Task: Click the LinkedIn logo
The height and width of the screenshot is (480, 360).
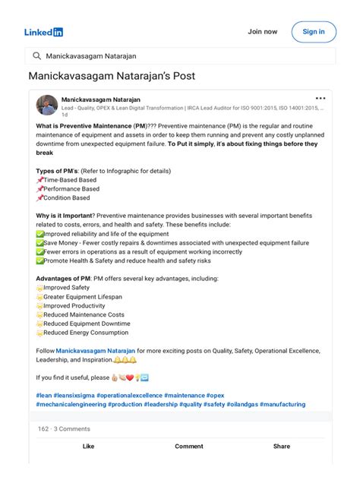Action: pyautogui.click(x=43, y=32)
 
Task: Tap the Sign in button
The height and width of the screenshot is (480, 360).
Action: pyautogui.click(x=313, y=32)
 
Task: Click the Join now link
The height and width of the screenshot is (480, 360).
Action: pyautogui.click(x=262, y=32)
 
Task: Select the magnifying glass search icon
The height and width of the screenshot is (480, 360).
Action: pyautogui.click(x=36, y=55)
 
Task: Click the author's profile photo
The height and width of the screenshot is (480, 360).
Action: pyautogui.click(x=46, y=105)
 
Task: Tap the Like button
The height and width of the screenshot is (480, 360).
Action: pyautogui.click(x=88, y=447)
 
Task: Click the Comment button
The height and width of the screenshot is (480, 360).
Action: pyautogui.click(x=188, y=447)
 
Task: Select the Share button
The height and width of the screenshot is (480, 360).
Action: pyautogui.click(x=282, y=447)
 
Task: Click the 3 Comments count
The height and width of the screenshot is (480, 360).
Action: pyautogui.click(x=71, y=429)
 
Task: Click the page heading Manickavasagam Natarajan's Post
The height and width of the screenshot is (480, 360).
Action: pyautogui.click(x=112, y=76)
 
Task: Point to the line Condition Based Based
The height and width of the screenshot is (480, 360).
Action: pyautogui.click(x=66, y=198)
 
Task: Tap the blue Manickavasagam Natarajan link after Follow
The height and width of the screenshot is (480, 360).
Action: pyautogui.click(x=95, y=351)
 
